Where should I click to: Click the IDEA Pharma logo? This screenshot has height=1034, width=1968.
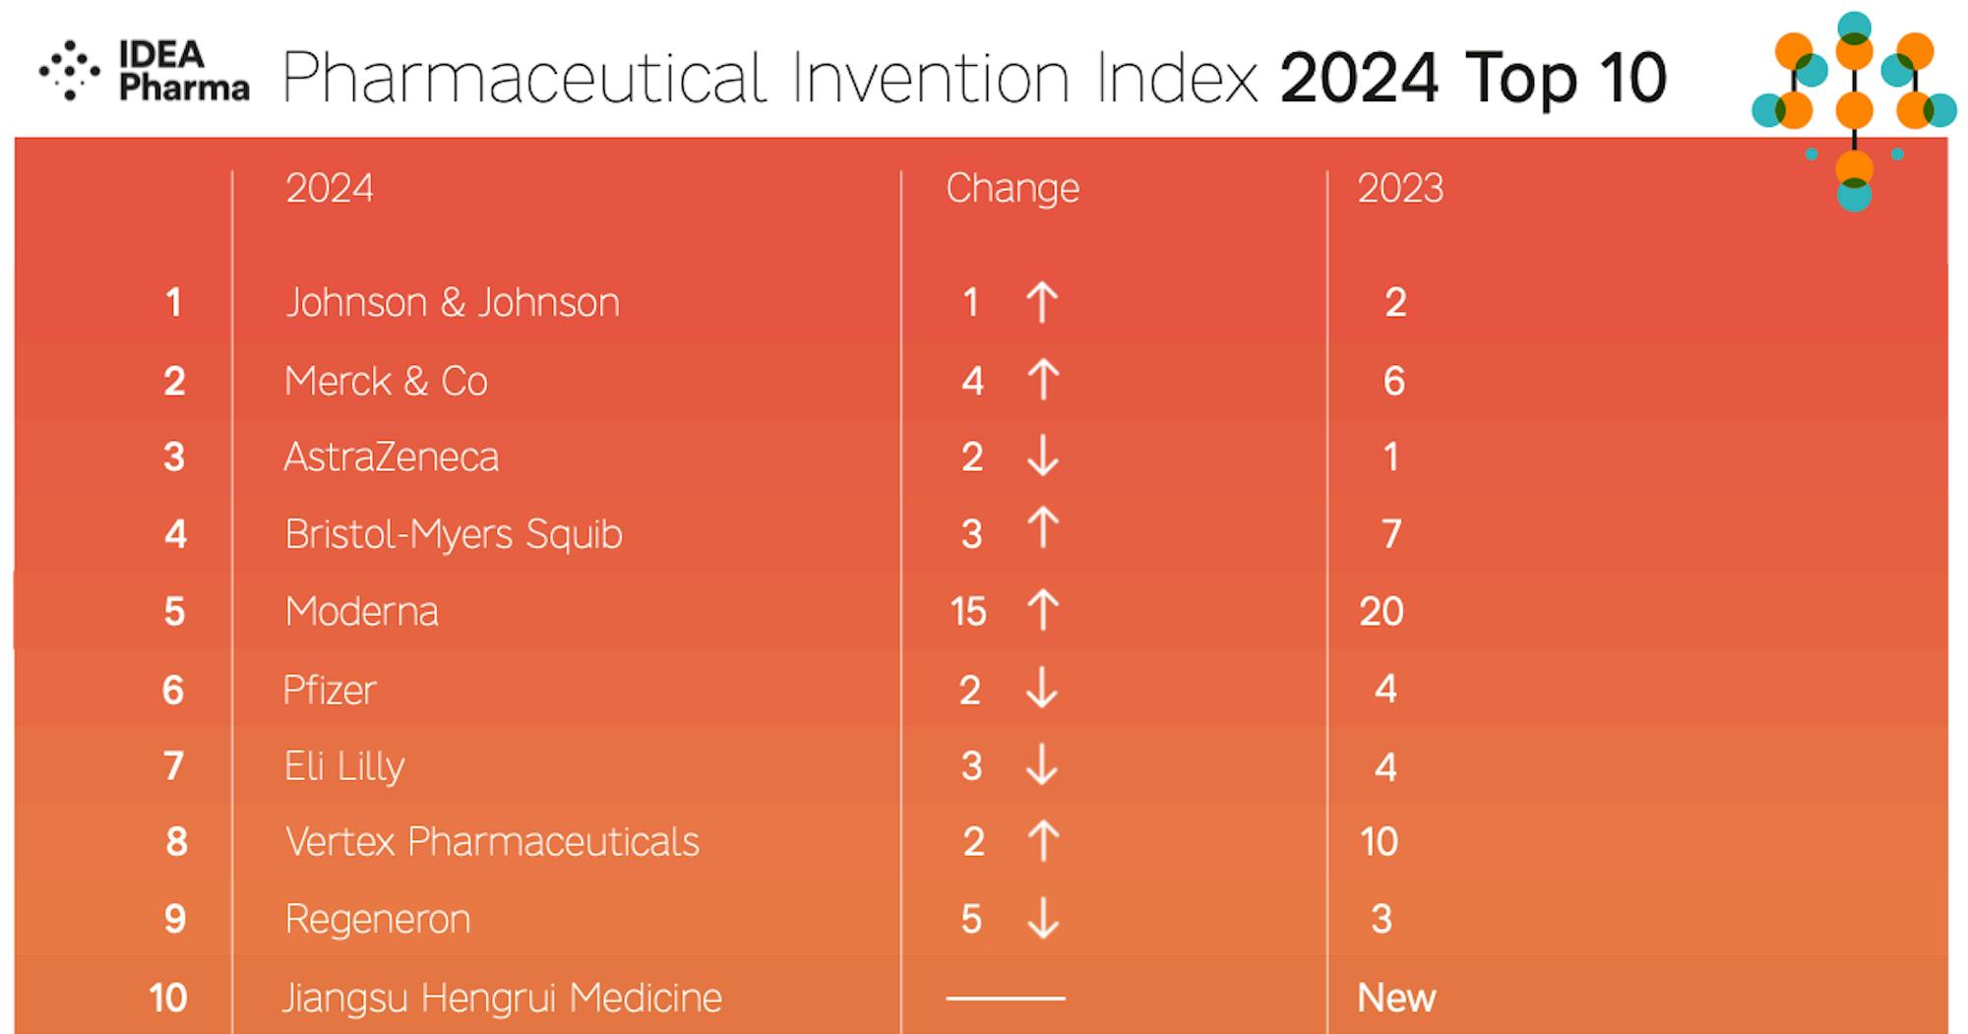pos(145,71)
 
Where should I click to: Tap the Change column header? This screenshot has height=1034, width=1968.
pos(1013,188)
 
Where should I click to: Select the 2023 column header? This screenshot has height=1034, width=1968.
pos(1400,188)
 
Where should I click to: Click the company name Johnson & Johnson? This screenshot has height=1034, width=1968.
pos(453,302)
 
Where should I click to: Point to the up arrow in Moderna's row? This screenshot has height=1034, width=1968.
pos(1043,610)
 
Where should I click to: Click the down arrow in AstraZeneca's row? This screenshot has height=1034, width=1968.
pos(1043,456)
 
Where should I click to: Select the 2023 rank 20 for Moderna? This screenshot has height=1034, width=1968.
pos(1382,612)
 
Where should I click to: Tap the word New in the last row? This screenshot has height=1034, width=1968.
pos(1396,998)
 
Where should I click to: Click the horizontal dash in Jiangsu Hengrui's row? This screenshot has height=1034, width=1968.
pos(1006,998)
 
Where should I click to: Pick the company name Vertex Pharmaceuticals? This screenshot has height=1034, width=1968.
pos(492,842)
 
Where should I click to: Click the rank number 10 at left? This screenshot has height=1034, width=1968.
pos(168,998)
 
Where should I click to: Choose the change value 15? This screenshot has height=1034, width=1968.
pos(968,612)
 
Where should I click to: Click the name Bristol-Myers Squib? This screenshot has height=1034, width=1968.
pos(454,534)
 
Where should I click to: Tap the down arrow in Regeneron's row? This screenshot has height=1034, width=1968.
pos(1043,919)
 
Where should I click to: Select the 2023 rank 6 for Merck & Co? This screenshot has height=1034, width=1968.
pos(1394,381)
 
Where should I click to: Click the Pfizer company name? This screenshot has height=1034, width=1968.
pos(330,690)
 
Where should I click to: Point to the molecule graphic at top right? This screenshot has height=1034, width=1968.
pos(1855,108)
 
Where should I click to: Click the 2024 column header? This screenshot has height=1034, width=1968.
pos(330,188)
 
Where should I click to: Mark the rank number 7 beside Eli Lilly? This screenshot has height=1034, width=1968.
pos(174,765)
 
